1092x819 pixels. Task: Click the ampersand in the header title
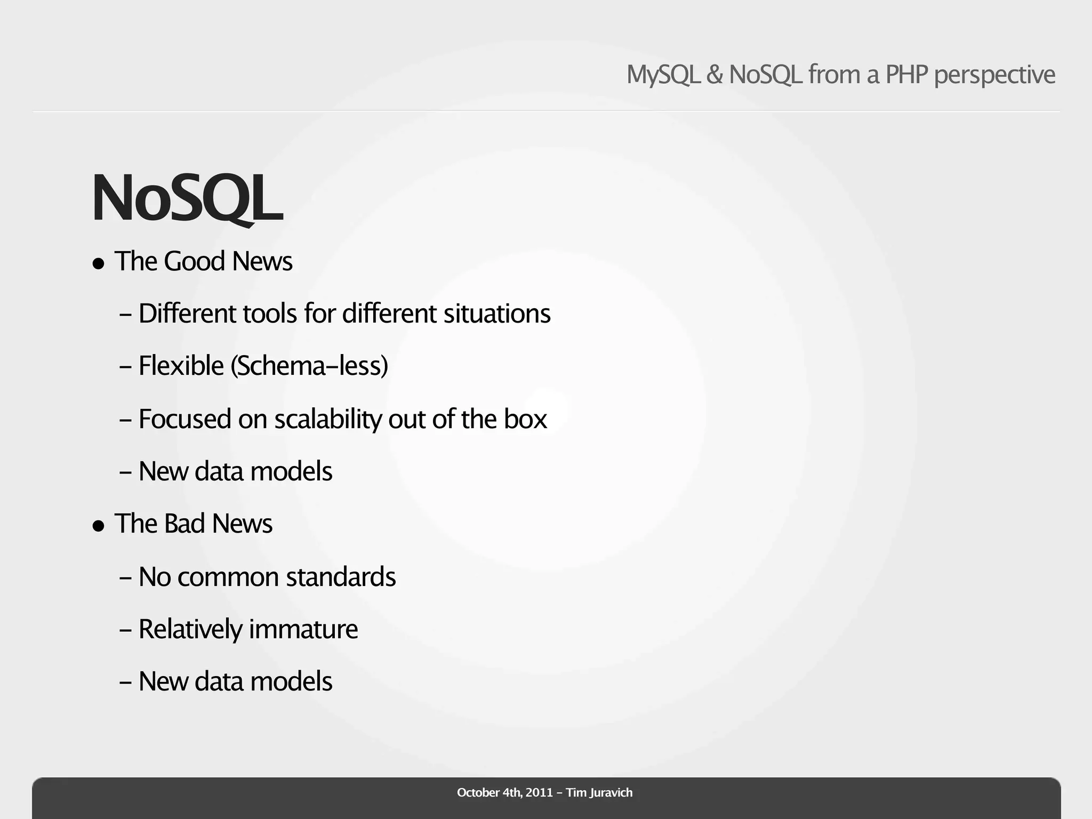point(714,75)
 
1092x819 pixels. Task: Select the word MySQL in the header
point(663,75)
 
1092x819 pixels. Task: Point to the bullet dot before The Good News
point(98,263)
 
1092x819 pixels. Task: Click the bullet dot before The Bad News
point(98,526)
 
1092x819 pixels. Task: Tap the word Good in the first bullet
point(194,261)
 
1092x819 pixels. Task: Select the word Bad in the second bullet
point(184,524)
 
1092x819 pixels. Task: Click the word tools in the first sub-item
point(270,314)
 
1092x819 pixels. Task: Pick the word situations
point(497,314)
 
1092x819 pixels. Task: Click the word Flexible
point(181,366)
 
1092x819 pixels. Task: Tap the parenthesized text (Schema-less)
point(309,366)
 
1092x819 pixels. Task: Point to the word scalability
point(327,419)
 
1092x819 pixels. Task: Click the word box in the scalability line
point(525,419)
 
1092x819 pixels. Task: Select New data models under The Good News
point(235,471)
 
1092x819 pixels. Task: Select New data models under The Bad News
point(235,681)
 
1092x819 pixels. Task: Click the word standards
point(341,577)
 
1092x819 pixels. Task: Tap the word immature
point(303,629)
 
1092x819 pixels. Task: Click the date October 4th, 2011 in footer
point(504,793)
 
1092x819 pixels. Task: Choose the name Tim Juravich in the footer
point(599,793)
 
